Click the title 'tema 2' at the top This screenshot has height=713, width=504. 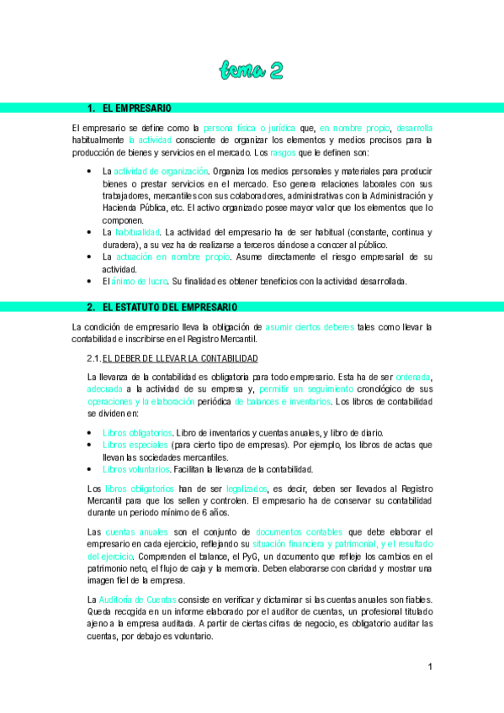251,69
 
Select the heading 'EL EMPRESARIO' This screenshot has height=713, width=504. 137,108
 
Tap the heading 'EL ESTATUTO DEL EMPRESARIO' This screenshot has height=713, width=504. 170,307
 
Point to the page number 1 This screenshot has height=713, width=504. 430,667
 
